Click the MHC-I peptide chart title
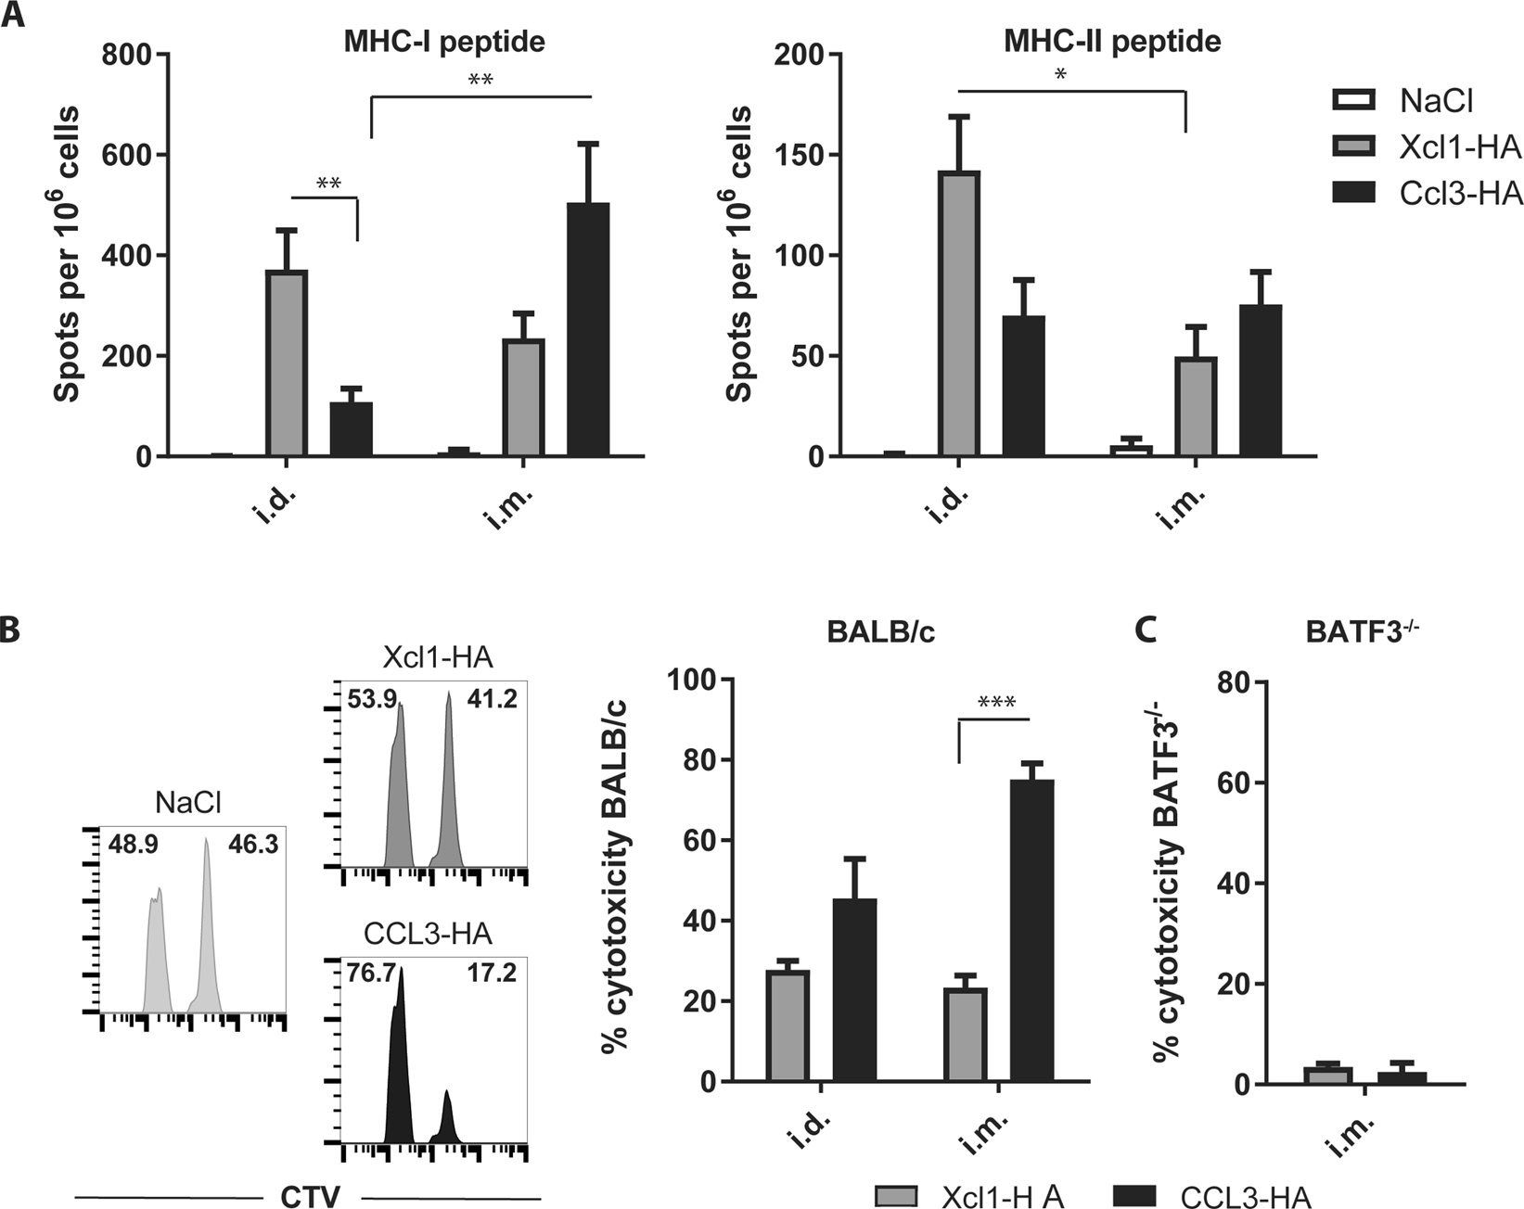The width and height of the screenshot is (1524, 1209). (x=444, y=42)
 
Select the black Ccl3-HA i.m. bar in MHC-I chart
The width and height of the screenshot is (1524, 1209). (x=588, y=329)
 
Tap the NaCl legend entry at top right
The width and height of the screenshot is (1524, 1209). (x=1435, y=100)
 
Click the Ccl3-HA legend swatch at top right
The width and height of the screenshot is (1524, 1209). (x=1353, y=193)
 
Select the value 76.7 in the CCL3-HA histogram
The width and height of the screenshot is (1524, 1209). (x=372, y=974)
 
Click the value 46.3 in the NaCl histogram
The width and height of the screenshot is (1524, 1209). (x=253, y=844)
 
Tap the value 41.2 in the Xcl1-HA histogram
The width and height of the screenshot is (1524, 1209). (x=492, y=699)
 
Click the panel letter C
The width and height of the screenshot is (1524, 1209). (x=1146, y=630)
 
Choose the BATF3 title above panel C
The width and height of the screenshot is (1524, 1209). (x=1363, y=632)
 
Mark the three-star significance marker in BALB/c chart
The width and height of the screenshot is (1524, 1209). (x=996, y=702)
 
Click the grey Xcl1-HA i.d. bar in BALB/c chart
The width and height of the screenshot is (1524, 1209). (x=788, y=1025)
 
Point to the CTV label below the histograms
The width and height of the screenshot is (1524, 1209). (x=310, y=1196)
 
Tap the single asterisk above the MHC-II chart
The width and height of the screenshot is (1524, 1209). (x=1061, y=75)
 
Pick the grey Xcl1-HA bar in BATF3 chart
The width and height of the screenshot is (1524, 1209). (x=1327, y=1075)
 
